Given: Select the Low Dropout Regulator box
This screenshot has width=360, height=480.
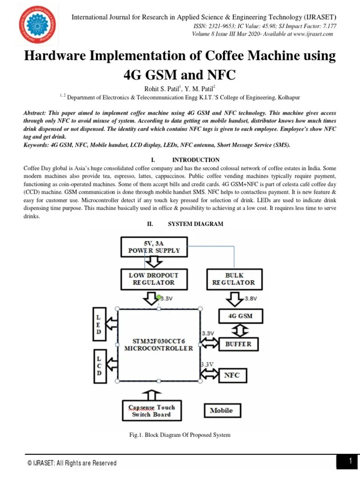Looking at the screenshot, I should (154, 278).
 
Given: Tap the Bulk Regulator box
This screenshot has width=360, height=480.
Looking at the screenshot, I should (233, 278).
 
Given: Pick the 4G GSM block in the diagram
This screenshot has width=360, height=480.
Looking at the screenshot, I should (240, 316).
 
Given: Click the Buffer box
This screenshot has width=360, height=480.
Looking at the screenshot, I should (239, 344).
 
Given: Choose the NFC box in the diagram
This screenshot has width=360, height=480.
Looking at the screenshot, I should (232, 375).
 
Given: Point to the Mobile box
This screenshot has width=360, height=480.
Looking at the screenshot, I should (221, 411).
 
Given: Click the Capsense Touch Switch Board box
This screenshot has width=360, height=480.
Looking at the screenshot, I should (151, 411).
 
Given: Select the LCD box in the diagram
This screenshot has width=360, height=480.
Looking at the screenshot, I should (99, 367).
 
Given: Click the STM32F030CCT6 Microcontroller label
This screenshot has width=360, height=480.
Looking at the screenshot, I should (158, 345).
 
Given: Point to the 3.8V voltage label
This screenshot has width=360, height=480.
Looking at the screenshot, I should (252, 298).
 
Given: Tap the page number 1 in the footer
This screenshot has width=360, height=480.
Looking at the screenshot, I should (350, 461).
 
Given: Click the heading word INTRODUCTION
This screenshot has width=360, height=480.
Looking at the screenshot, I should (196, 160).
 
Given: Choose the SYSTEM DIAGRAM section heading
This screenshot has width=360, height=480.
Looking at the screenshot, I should (195, 224).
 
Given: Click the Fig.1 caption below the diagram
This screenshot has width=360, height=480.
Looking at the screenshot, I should (180, 435).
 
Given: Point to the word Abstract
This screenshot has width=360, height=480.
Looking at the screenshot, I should (36, 114).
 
